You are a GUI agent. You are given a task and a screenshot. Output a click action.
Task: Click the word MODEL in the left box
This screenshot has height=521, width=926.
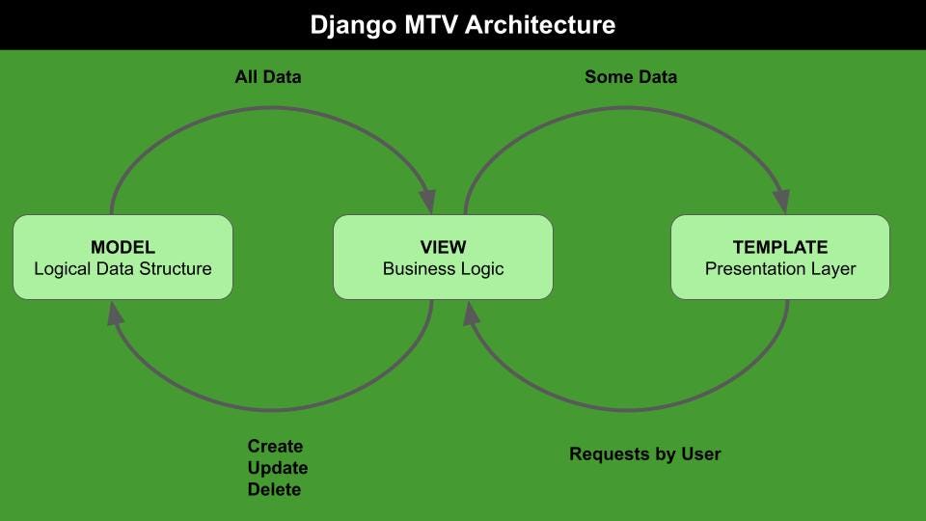coord(123,247)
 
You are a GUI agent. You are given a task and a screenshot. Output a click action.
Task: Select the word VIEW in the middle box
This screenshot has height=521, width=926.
coord(443,247)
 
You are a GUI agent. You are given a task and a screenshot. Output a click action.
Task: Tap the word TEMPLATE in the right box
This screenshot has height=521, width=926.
coord(780,247)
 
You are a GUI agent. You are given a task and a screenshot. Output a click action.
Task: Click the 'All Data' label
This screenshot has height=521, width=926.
coord(268,76)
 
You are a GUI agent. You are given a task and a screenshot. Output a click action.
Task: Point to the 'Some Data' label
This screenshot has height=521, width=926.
coord(631,76)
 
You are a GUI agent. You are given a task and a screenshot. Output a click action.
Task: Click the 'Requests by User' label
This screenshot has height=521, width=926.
coord(644,453)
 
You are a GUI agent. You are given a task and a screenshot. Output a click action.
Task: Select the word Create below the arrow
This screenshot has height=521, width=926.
coord(275,447)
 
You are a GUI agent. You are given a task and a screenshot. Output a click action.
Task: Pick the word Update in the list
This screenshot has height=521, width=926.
coord(278,468)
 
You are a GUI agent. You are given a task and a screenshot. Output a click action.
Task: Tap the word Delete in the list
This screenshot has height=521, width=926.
coord(274,489)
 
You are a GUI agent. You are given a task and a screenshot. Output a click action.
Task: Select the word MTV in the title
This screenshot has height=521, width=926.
coord(429,25)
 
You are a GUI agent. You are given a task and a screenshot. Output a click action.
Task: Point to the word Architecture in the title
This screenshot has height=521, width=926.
coord(539,25)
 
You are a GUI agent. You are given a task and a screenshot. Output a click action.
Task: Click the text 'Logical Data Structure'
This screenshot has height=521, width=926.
coord(123,268)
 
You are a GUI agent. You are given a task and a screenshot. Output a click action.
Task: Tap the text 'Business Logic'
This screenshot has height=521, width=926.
coord(443,268)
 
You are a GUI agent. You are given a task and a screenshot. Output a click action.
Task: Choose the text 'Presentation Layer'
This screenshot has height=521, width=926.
coord(780,268)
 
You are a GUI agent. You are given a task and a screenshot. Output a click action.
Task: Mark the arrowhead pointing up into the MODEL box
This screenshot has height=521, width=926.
coord(115,313)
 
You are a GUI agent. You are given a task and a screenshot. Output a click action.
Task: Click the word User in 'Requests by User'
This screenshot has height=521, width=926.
coord(700,453)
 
